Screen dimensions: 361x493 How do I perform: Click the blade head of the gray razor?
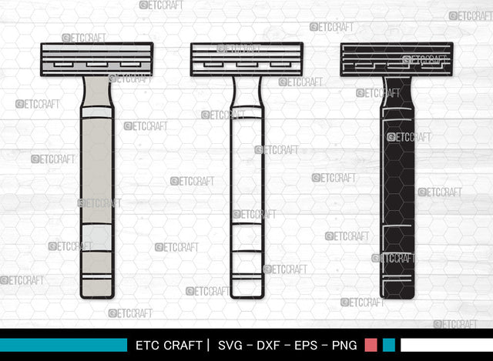pyautogui.click(x=97, y=59)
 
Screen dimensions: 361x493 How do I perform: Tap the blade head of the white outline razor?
pyautogui.click(x=246, y=59)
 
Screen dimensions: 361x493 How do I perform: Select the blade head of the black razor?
pyautogui.click(x=397, y=59)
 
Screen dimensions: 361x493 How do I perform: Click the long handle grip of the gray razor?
pyautogui.click(x=97, y=169)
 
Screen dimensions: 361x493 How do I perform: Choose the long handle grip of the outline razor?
pyautogui.click(x=246, y=169)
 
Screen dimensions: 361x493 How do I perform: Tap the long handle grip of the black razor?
pyautogui.click(x=397, y=169)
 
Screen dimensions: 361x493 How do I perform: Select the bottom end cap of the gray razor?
pyautogui.click(x=97, y=286)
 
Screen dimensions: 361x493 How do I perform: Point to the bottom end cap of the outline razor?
pyautogui.click(x=246, y=286)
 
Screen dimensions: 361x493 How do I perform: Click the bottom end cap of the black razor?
pyautogui.click(x=397, y=286)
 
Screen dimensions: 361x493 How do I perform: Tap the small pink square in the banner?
pyautogui.click(x=371, y=345)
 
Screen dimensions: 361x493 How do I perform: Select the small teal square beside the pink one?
pyautogui.click(x=389, y=345)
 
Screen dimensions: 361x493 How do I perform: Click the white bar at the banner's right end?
pyautogui.click(x=446, y=345)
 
